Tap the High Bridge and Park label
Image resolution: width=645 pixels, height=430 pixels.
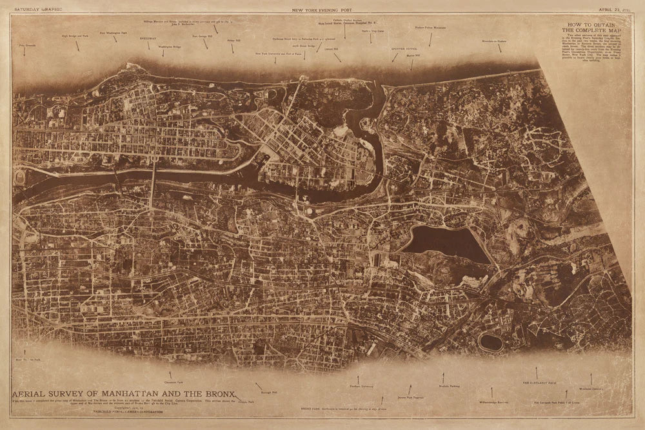(75, 37)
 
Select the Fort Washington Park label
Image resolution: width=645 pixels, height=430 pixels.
(112, 32)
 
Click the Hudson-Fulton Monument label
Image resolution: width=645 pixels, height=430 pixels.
(430, 28)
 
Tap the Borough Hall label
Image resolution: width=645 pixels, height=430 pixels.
(269, 391)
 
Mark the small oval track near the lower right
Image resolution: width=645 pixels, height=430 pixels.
(491, 342)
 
